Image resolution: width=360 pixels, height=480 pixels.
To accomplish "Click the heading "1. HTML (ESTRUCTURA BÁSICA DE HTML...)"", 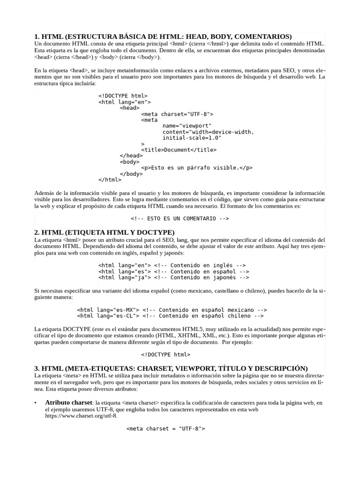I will click(163, 37).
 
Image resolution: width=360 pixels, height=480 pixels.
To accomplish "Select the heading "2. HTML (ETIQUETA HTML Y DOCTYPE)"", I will click(105, 232).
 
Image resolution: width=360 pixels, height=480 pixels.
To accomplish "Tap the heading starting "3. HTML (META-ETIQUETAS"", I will click(171, 368).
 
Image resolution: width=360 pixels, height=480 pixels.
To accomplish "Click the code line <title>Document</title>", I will click(179, 150).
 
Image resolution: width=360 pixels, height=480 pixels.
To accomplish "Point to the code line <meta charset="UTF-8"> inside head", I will click(177, 114).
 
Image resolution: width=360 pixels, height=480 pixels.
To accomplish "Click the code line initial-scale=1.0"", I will click(192, 138).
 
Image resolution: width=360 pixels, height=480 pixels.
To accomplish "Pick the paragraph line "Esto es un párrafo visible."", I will click(197, 168).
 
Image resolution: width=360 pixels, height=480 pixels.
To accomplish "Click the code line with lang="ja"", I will click(173, 277).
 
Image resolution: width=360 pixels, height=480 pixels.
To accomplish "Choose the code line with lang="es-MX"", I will click(172, 310).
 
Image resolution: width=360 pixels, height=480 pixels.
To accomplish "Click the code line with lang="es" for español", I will click(173, 271).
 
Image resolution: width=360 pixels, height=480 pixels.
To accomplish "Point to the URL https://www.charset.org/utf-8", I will click(81, 415).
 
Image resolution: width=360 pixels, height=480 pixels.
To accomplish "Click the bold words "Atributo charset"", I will click(68, 403).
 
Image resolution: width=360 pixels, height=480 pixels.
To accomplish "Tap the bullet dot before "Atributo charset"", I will click(36, 403).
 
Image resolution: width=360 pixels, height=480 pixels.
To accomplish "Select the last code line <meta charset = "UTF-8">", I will click(166, 428).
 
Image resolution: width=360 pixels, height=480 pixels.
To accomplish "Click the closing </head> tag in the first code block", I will click(131, 156).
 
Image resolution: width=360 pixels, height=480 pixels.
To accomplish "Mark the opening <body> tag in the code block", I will click(129, 162).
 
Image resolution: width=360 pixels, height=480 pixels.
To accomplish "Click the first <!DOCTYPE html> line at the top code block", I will click(123, 96).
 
